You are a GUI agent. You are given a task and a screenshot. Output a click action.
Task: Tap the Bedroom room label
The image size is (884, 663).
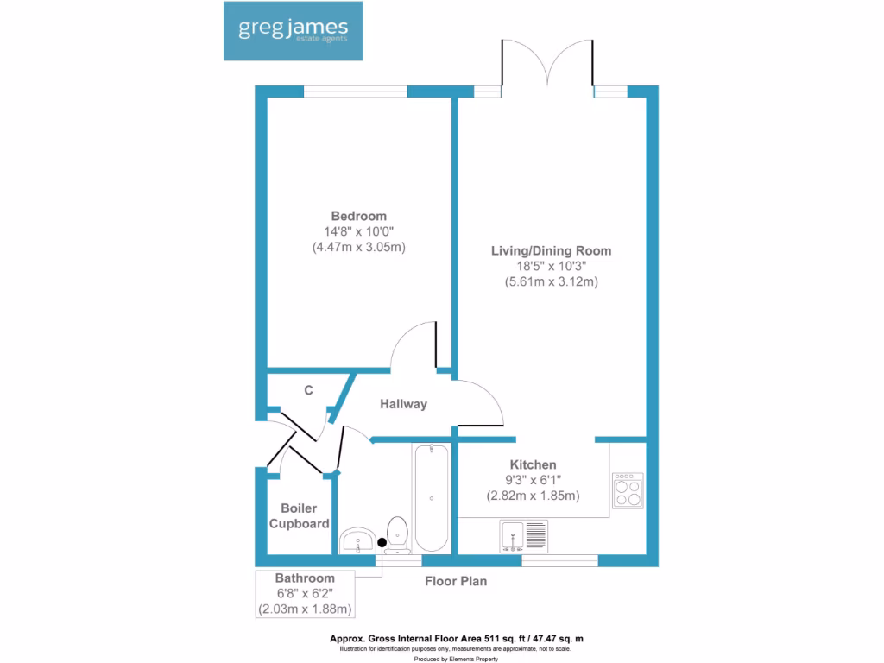(358, 216)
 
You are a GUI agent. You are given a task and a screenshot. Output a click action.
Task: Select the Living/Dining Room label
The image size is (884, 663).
(551, 251)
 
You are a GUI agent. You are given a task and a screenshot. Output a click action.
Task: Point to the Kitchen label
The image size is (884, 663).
(533, 464)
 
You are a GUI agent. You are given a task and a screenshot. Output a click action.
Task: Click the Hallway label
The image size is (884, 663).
(404, 404)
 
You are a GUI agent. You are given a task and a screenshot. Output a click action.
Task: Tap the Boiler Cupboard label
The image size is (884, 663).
(299, 516)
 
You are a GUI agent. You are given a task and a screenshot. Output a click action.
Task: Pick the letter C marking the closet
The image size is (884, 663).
(308, 390)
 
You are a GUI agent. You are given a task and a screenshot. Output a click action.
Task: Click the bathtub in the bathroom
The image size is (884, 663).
(431, 498)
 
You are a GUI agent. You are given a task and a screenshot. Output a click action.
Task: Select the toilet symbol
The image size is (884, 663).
(397, 534)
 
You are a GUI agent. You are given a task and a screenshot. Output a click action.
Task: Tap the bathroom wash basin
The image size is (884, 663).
(357, 541)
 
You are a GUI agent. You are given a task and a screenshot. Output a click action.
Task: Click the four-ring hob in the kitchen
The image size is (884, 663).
(627, 490)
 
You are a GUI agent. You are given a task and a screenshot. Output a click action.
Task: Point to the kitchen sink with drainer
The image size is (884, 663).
(523, 535)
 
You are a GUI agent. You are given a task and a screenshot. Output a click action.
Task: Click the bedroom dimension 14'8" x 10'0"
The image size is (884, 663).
(358, 231)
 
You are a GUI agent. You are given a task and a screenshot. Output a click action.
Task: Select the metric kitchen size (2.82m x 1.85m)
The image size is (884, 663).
(532, 496)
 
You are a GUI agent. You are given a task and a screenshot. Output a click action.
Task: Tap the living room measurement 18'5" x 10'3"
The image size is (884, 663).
(551, 267)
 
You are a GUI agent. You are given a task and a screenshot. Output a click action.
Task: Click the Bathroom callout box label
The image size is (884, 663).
(305, 578)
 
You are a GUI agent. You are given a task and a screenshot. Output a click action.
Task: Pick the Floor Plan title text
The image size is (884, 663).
(455, 581)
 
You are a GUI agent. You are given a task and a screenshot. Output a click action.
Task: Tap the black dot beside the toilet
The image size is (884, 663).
(382, 541)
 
